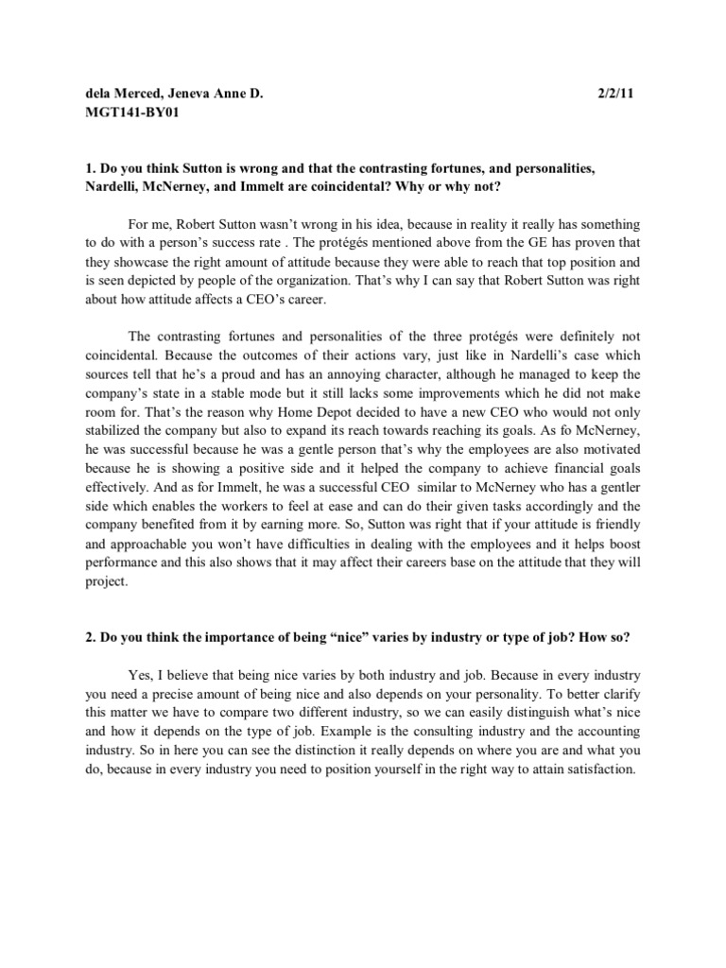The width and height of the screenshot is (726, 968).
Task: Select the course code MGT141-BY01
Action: point(131,113)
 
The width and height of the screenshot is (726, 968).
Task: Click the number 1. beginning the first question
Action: point(91,167)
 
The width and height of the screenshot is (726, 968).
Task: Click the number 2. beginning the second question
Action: point(91,637)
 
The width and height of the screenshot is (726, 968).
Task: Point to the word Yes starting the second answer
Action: point(140,674)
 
